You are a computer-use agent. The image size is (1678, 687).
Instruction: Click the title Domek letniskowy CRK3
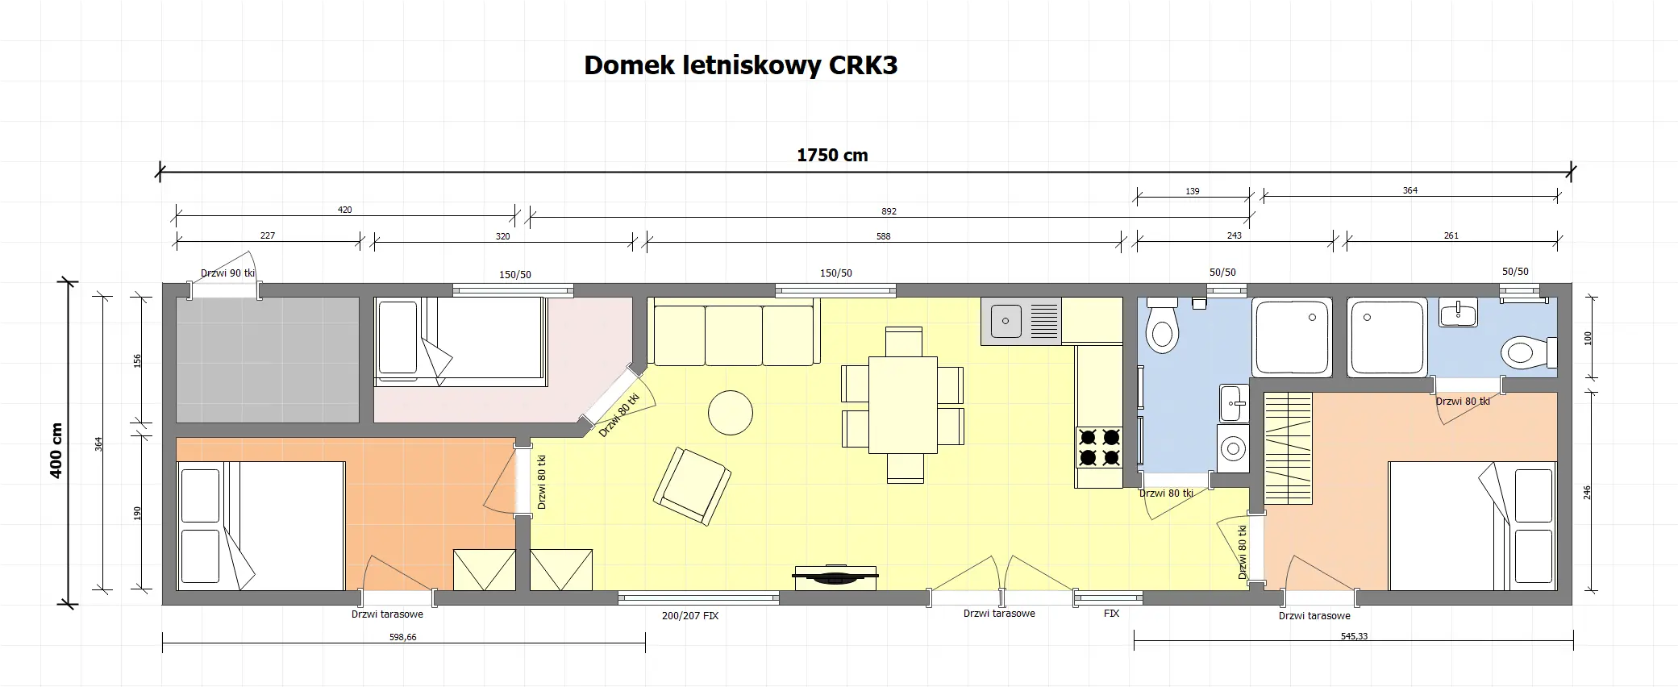coord(740,65)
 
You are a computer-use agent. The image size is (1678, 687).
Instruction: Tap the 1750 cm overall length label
coord(832,156)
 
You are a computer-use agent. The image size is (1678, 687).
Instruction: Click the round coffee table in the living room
coord(730,413)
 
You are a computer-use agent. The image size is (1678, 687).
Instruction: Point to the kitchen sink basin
coord(1006,321)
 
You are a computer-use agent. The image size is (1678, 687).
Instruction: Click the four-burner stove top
coord(1099,448)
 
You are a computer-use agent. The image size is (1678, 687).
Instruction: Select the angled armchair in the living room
coord(692,487)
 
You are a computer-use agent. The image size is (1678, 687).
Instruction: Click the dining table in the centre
coord(903,404)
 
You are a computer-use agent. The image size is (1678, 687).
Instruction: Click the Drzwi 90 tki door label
coord(227,273)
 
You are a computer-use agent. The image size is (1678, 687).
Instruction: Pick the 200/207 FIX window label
coord(689,615)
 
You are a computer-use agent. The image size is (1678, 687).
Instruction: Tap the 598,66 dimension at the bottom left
coord(402,637)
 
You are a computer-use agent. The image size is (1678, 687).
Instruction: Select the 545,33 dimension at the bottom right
coord(1354,636)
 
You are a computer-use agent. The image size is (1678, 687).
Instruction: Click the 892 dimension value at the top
coord(889,211)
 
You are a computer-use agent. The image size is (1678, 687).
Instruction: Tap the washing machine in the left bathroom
coord(1232,448)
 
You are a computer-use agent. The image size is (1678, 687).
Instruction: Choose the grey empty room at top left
coord(268,360)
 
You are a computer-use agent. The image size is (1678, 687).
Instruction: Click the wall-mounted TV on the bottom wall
coord(835,576)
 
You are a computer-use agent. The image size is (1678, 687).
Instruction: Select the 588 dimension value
coord(883,236)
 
